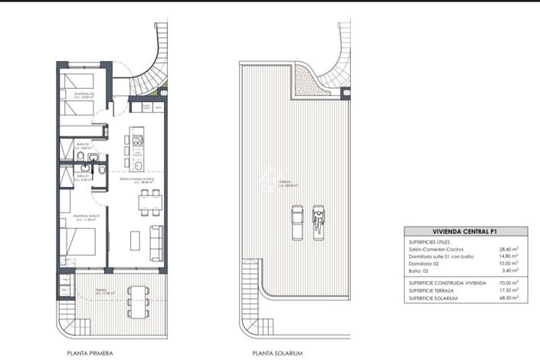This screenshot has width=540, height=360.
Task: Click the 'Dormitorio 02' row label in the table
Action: point(427,263)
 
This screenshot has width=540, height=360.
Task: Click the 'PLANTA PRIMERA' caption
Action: point(90,353)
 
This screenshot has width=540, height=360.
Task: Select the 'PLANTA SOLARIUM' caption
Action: point(278,353)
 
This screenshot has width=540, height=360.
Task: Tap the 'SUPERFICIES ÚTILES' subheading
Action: point(430,241)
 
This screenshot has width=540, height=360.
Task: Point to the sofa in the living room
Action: point(155,241)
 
